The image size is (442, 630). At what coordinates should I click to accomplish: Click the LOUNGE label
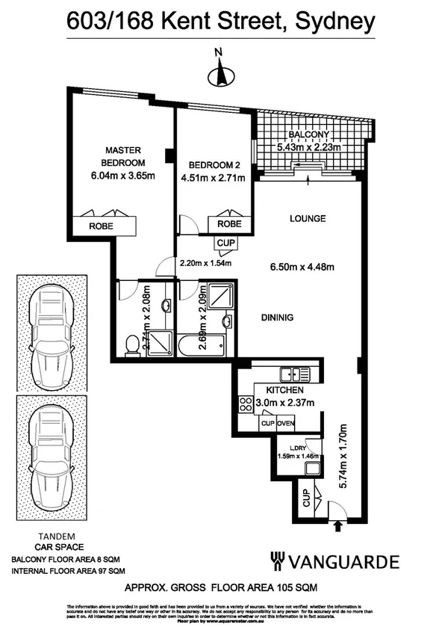click(308, 219)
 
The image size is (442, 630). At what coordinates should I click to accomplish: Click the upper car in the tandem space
click(49, 332)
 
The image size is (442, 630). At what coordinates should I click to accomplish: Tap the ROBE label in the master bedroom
click(102, 225)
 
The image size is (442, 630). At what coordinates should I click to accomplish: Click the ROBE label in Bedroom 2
click(229, 223)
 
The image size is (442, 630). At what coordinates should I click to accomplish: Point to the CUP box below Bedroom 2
click(225, 243)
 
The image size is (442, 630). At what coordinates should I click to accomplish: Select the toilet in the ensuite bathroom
click(133, 345)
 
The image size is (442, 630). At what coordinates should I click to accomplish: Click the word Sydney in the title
click(335, 23)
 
